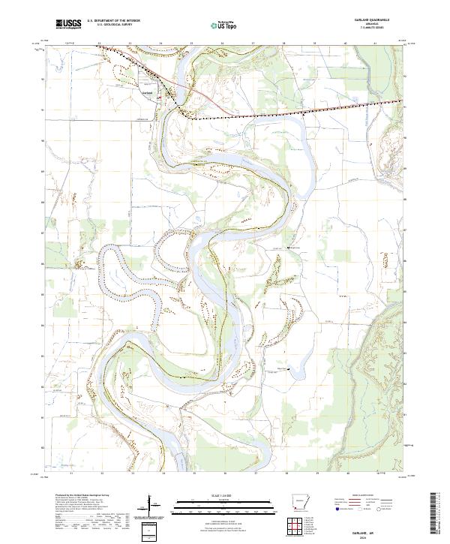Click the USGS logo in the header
[x=68, y=24]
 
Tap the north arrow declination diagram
[x=153, y=505]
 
